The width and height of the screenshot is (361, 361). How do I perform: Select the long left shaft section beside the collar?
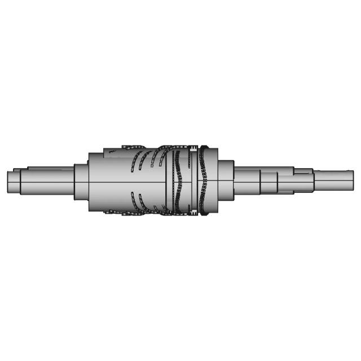click(48, 180)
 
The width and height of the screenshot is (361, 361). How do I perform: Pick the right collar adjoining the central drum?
click(226, 180)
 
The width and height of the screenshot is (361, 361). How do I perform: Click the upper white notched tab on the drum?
click(193, 150)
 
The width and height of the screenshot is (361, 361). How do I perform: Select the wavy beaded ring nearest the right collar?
click(203, 180)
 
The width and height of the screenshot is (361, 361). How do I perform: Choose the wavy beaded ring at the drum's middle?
click(179, 180)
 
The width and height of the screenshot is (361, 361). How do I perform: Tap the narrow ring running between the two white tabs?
click(193, 180)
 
